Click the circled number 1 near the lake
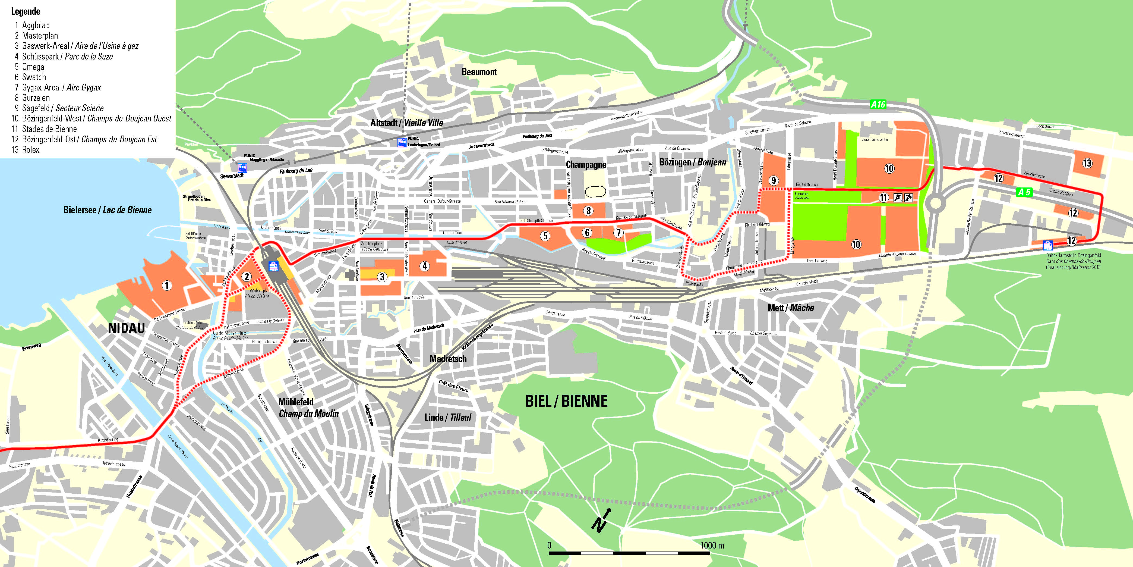[167, 285]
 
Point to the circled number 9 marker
[774, 180]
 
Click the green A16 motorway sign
[878, 104]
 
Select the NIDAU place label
[126, 328]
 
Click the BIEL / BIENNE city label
[566, 401]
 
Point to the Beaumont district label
[479, 72]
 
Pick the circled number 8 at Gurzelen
[588, 211]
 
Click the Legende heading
[26, 11]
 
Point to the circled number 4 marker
[424, 266]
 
